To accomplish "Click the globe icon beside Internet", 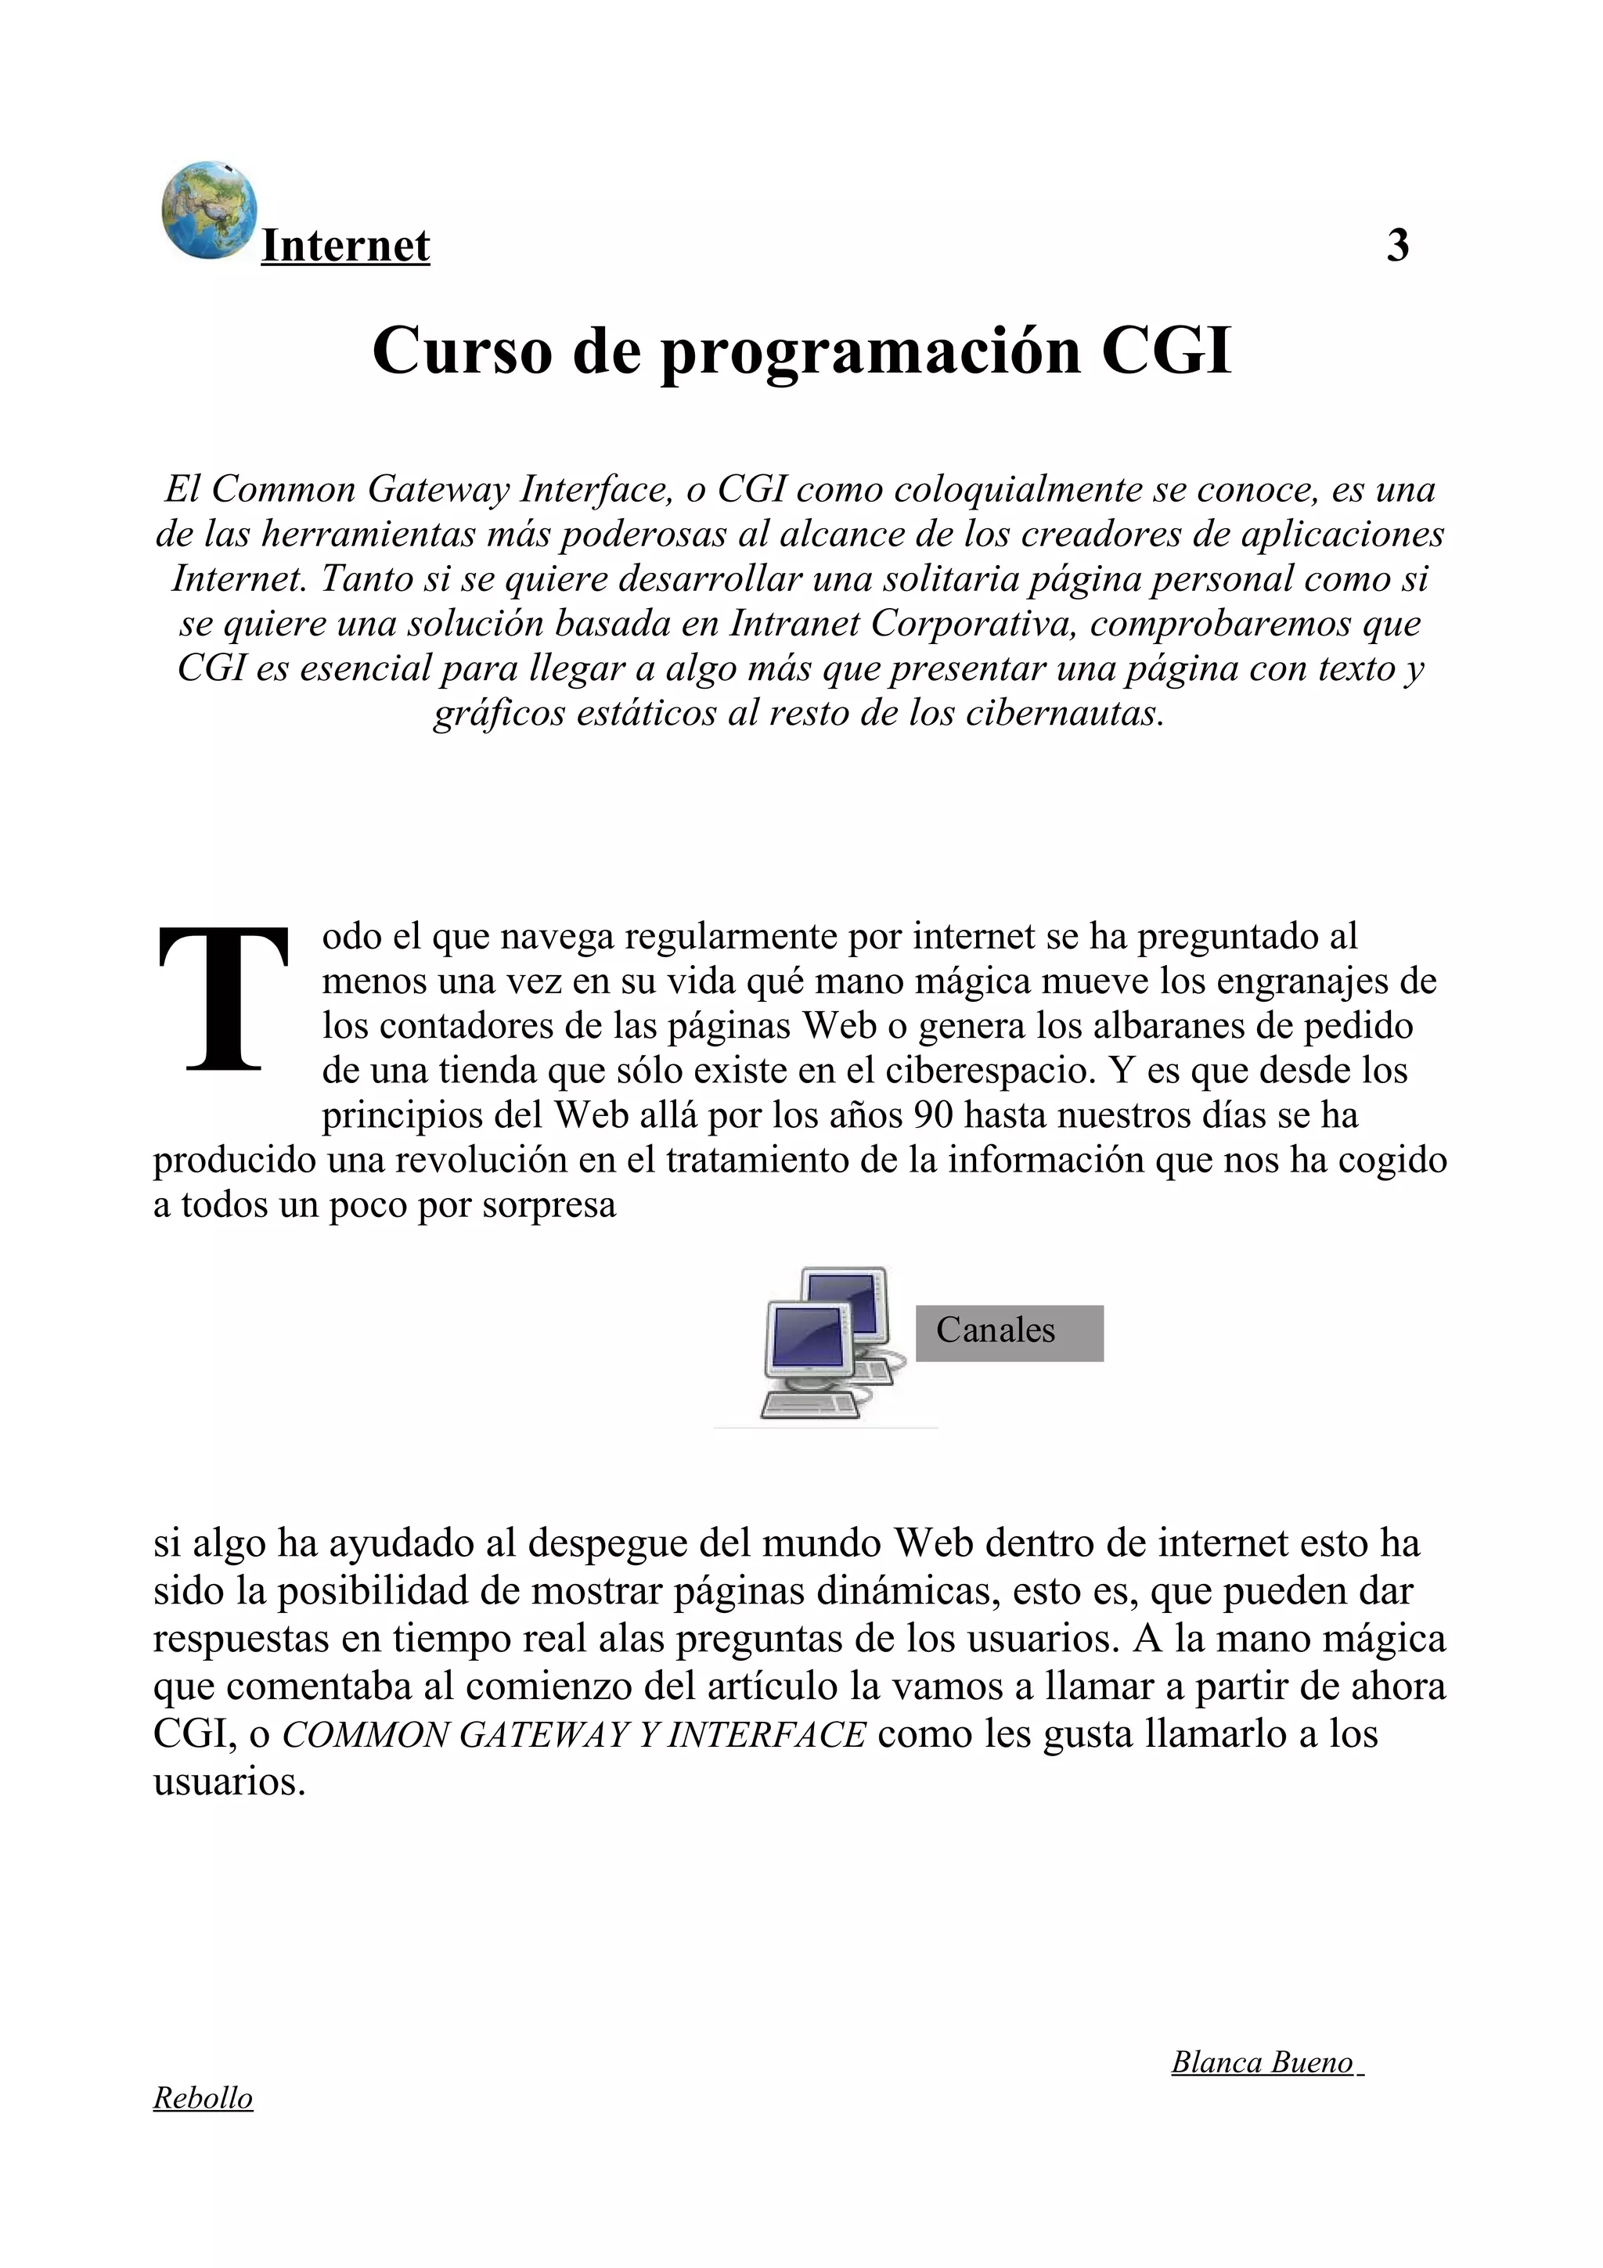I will pos(208,211).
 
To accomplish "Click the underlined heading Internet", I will pos(344,246).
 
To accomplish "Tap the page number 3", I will pos(1396,245).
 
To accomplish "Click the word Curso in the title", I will pos(463,351).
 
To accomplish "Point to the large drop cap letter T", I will pos(224,999).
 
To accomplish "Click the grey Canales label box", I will pos(1008,1333).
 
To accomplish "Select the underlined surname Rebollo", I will pos(203,2098).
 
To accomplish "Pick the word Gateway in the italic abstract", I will pos(438,489).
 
